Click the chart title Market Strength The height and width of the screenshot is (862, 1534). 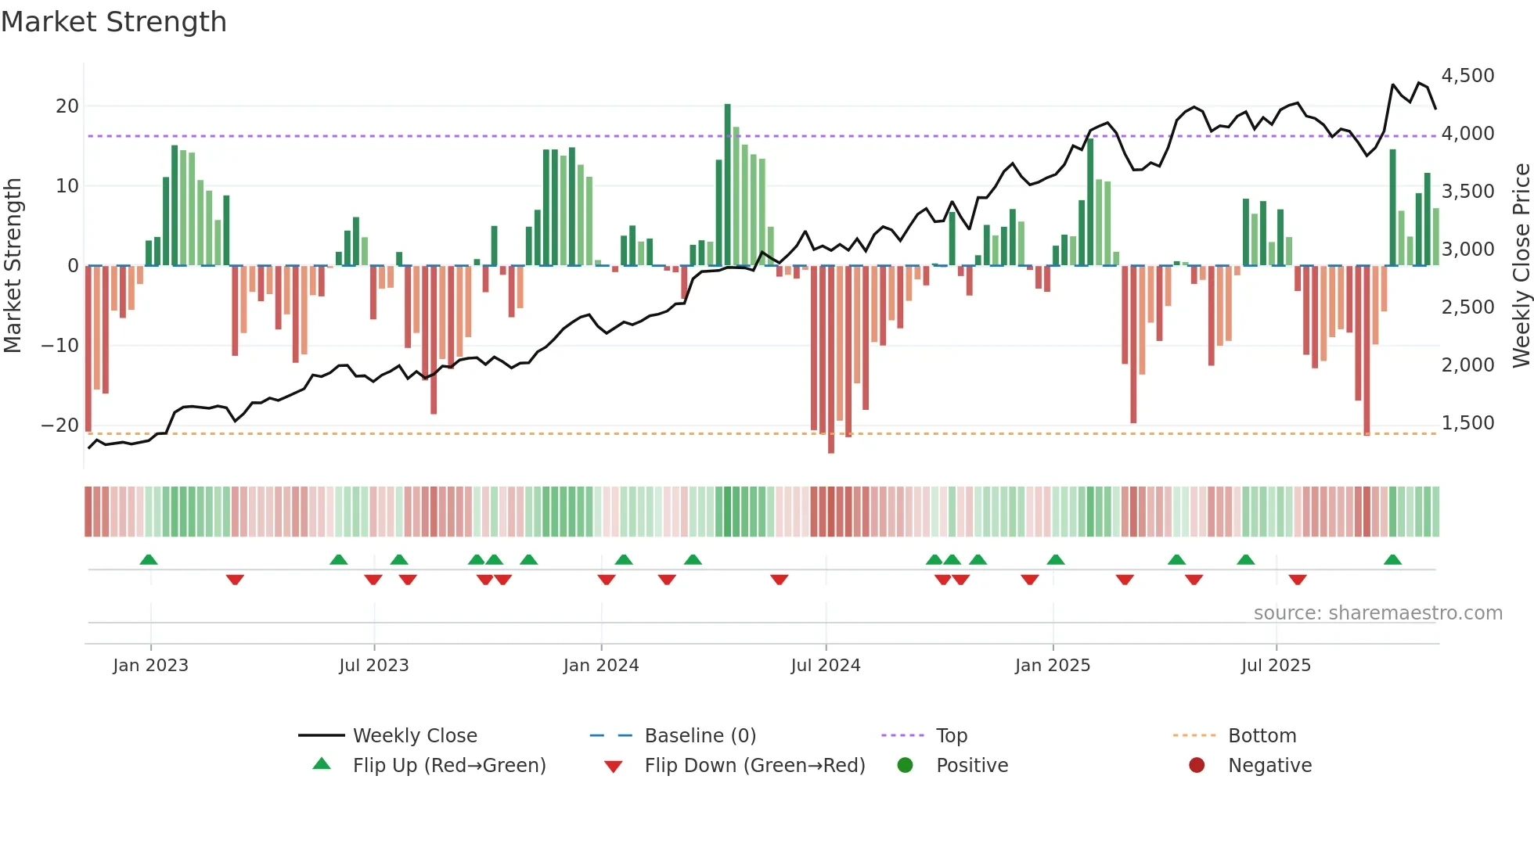click(113, 22)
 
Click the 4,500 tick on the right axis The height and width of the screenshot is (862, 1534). click(1467, 76)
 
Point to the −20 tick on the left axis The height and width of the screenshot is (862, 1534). click(60, 426)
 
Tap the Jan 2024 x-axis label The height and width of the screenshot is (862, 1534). click(600, 666)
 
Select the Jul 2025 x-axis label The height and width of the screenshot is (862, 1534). click(1275, 666)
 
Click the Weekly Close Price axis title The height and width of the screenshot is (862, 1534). click(1521, 265)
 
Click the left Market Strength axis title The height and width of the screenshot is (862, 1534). click(13, 265)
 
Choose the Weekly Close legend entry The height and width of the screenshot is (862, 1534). click(414, 736)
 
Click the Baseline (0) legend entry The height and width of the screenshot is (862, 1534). click(700, 736)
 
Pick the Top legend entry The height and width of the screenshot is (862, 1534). click(951, 736)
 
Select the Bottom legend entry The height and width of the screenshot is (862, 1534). click(1262, 736)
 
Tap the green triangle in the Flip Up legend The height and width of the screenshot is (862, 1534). click(322, 764)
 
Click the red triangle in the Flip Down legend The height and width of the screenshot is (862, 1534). click(614, 767)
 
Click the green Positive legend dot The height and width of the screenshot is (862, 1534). click(905, 766)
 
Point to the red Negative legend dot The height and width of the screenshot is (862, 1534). click(1196, 766)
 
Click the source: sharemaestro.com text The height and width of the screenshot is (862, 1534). click(1377, 613)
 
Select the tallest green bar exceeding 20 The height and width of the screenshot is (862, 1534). click(727, 184)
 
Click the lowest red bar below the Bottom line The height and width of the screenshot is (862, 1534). click(830, 360)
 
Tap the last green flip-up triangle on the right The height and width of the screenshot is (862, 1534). click(1392, 560)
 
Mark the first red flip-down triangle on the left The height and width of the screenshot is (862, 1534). click(235, 580)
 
